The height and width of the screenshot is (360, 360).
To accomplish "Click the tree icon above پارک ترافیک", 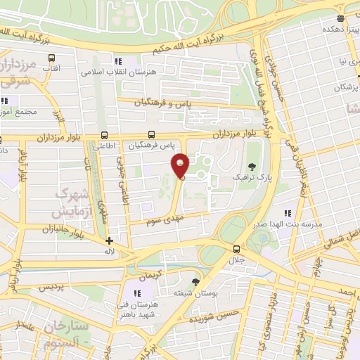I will (x=252, y=166).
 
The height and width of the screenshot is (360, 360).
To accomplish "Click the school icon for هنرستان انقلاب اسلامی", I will (x=119, y=62).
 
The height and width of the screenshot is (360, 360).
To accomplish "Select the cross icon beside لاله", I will (x=109, y=240).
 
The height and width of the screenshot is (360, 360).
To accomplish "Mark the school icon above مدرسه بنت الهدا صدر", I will (x=287, y=212).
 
